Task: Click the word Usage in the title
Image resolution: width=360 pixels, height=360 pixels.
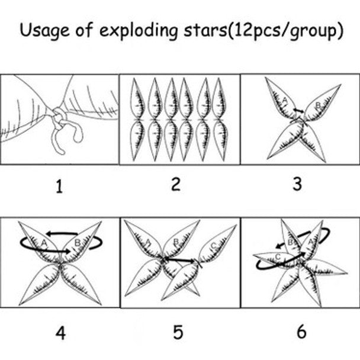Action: (44, 31)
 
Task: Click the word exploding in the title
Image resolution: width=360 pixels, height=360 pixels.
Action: (139, 31)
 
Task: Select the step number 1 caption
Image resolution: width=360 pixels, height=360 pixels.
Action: (59, 187)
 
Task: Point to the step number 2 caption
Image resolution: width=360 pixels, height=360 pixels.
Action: (176, 184)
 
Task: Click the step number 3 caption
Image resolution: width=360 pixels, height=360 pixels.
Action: (297, 184)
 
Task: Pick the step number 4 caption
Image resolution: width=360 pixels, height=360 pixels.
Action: (60, 333)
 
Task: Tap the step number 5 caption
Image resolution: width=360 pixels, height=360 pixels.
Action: (178, 332)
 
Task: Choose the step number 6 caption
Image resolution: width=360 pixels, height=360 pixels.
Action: (301, 332)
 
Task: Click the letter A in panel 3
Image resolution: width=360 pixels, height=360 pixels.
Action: (284, 100)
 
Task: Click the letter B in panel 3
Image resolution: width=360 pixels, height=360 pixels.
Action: (318, 105)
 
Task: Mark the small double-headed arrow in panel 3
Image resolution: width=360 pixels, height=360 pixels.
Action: (298, 111)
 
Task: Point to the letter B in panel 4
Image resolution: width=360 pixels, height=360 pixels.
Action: (78, 242)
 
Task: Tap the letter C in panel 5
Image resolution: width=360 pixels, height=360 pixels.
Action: (214, 246)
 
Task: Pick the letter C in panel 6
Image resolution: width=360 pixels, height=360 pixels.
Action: (278, 257)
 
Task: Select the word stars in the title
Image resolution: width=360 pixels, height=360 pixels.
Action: (205, 31)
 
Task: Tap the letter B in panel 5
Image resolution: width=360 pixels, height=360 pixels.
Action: (176, 242)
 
